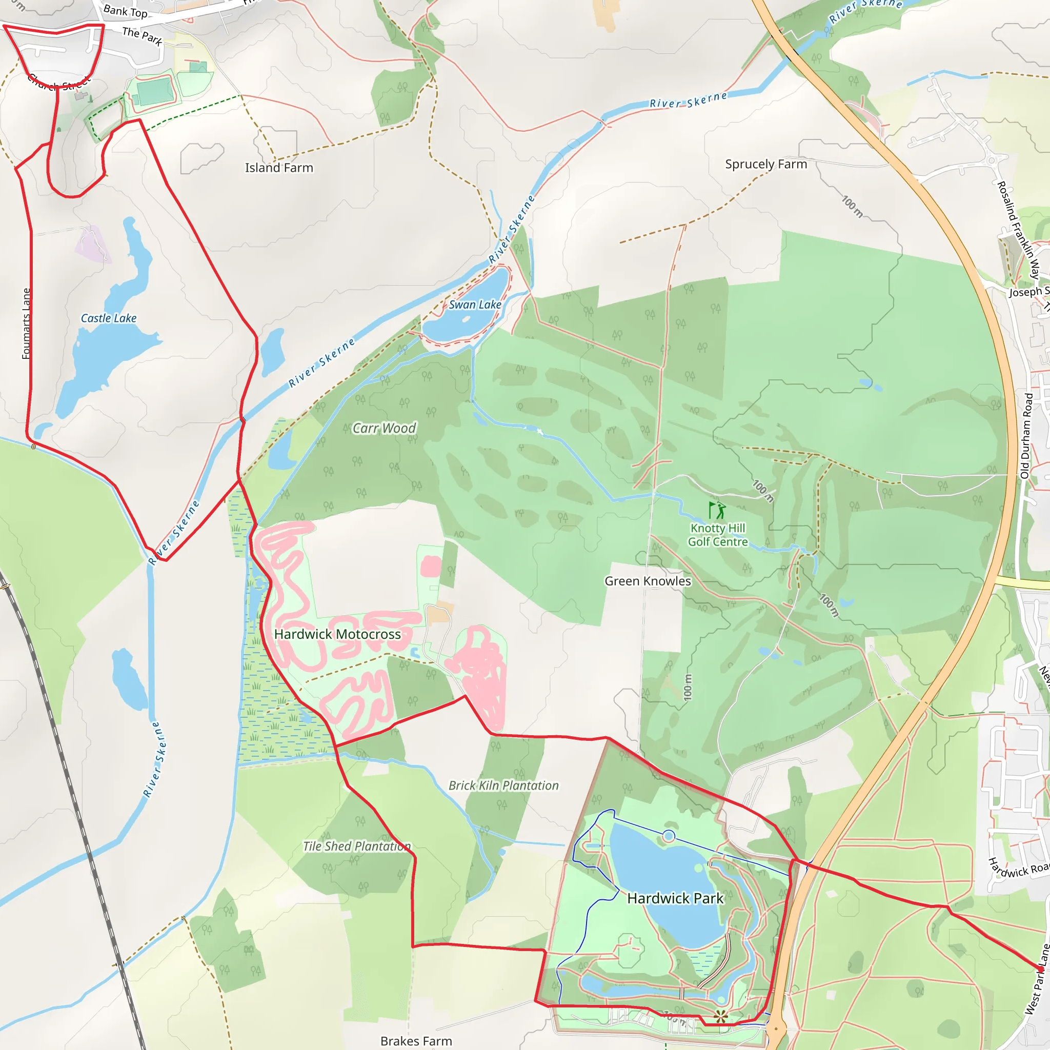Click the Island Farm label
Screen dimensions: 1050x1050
pos(279,168)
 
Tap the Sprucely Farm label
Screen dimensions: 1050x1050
pos(766,164)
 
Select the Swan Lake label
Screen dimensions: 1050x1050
pos(474,305)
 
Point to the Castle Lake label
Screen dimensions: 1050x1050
pos(109,318)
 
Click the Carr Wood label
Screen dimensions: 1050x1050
pos(384,428)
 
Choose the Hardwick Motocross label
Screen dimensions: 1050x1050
pos(337,634)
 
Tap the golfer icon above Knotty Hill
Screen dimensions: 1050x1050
pos(717,510)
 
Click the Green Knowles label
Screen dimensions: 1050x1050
pos(648,581)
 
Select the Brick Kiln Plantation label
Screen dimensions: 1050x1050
pos(503,785)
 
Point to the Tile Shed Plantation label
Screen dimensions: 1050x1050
pos(356,846)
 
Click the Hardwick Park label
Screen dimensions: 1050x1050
pos(675,898)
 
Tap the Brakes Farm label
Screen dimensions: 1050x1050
pos(416,1041)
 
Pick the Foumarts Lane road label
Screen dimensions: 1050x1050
pos(26,324)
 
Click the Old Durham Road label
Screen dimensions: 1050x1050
pos(1026,436)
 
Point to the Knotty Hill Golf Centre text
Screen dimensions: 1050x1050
pos(717,535)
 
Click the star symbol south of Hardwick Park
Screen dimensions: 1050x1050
pos(721,1016)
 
